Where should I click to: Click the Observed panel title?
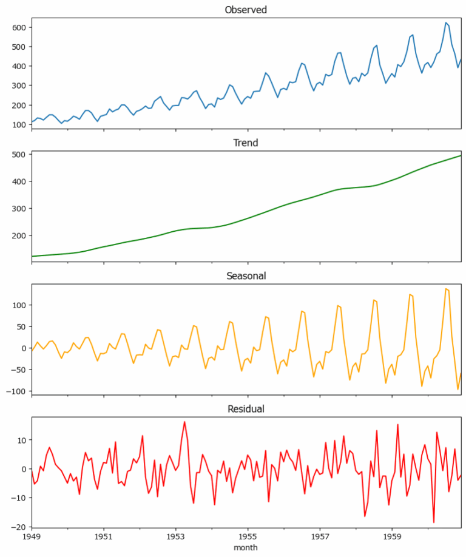(x=246, y=10)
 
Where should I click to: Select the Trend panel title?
(x=246, y=143)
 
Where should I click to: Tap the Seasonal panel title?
(x=246, y=276)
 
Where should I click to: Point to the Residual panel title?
(x=246, y=409)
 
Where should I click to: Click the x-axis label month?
(x=246, y=547)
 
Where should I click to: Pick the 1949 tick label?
(x=32, y=537)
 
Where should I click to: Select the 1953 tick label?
(x=176, y=537)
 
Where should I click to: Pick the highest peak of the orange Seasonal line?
(x=446, y=288)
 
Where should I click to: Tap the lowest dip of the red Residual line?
(x=434, y=522)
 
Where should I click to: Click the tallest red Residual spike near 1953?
(x=184, y=422)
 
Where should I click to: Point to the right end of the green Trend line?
(x=461, y=156)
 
